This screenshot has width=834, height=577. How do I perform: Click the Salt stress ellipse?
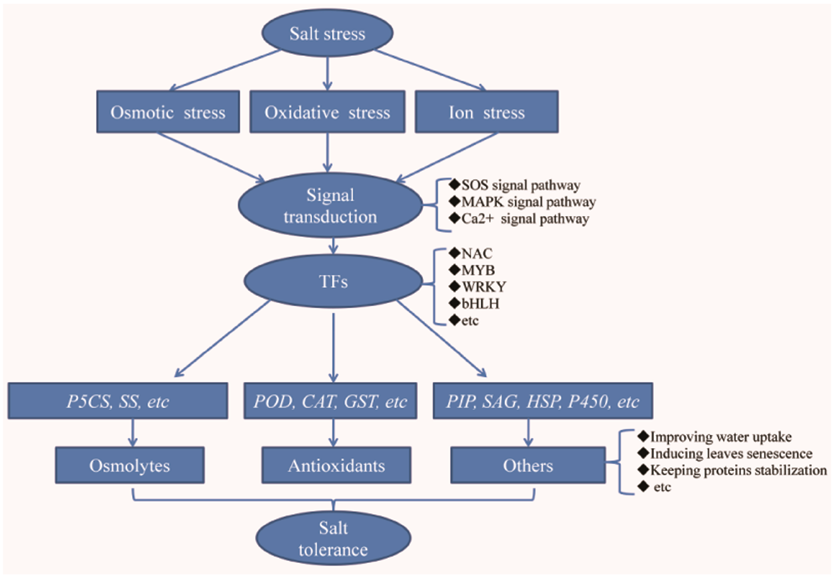327,33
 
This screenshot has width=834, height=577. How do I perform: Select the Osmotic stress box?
168,112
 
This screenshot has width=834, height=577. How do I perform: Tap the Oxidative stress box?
327,112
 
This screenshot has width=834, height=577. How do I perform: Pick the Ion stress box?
486,112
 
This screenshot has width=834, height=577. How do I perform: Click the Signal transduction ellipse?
330,205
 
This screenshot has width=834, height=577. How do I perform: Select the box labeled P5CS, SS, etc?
118,401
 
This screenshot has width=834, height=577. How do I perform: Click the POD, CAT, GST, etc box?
330,401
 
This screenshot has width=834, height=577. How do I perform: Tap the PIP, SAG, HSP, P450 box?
543,401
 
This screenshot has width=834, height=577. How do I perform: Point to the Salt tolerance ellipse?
333,538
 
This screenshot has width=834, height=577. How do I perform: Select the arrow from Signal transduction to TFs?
333,246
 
